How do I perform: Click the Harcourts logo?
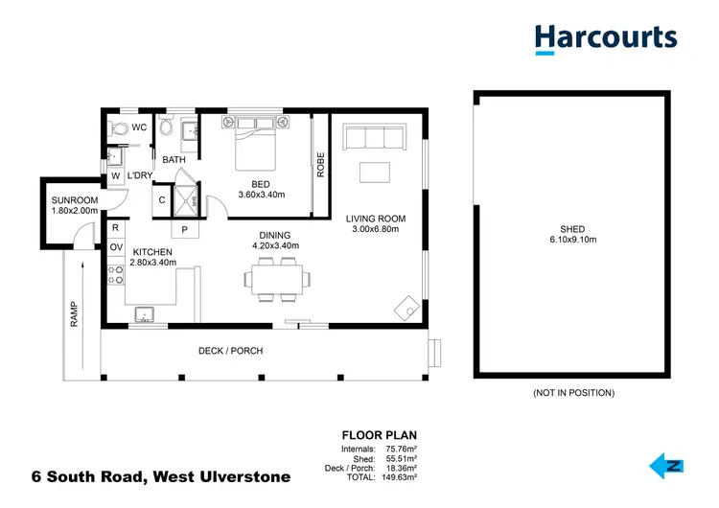(x=605, y=38)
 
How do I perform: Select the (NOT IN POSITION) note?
(x=572, y=393)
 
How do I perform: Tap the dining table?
(x=277, y=280)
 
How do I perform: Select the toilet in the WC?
(x=119, y=127)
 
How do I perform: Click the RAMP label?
(x=74, y=313)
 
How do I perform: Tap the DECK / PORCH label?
(x=230, y=351)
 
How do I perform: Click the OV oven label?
(x=116, y=247)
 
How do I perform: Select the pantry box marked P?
(x=184, y=230)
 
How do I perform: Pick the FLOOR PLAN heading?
(x=380, y=434)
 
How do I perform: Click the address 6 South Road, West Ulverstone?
(x=147, y=476)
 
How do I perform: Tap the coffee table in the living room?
(x=375, y=173)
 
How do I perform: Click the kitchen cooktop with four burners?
(x=116, y=274)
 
